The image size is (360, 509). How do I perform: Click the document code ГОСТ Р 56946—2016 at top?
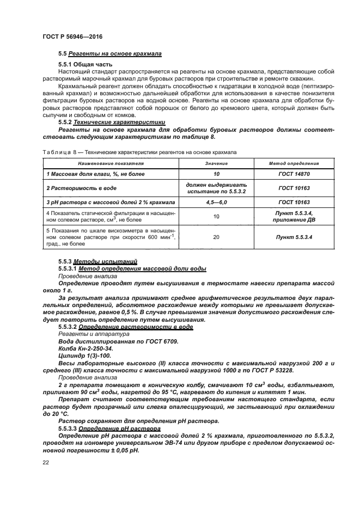[x=72, y=36]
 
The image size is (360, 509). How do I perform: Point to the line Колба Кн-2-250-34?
[x=85, y=348]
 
